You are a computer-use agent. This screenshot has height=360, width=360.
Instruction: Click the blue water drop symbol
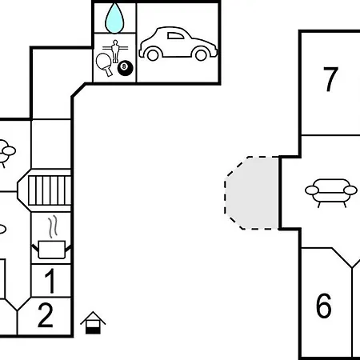point(114,18)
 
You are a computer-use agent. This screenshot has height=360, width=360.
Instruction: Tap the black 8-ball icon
point(125,68)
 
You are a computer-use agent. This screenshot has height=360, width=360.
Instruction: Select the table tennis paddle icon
point(104,64)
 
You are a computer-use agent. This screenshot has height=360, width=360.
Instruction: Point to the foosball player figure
point(115,51)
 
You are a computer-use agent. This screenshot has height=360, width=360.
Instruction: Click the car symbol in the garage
point(178,43)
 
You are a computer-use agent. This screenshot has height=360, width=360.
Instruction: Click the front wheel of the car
point(201,54)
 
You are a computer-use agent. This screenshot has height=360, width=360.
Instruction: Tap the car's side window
point(175,36)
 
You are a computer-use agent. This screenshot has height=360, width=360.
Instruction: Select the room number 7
point(330,79)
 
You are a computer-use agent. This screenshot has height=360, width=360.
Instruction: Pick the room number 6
point(324,306)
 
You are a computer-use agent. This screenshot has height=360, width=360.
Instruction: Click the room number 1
point(50,281)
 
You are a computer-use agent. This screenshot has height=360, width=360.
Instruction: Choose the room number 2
point(46,315)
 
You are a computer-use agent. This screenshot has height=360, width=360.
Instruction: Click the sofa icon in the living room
point(331,193)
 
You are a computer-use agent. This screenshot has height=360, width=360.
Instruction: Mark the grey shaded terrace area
point(252,193)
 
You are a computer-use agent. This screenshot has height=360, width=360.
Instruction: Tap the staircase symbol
point(50,190)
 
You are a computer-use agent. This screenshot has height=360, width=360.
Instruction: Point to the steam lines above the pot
point(53,226)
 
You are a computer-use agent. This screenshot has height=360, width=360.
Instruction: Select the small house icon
point(93,322)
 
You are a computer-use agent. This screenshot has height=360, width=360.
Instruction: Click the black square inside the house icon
point(93,330)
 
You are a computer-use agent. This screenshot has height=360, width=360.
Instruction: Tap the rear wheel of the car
point(153,54)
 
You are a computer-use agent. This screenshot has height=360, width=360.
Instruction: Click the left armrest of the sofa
point(312,190)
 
